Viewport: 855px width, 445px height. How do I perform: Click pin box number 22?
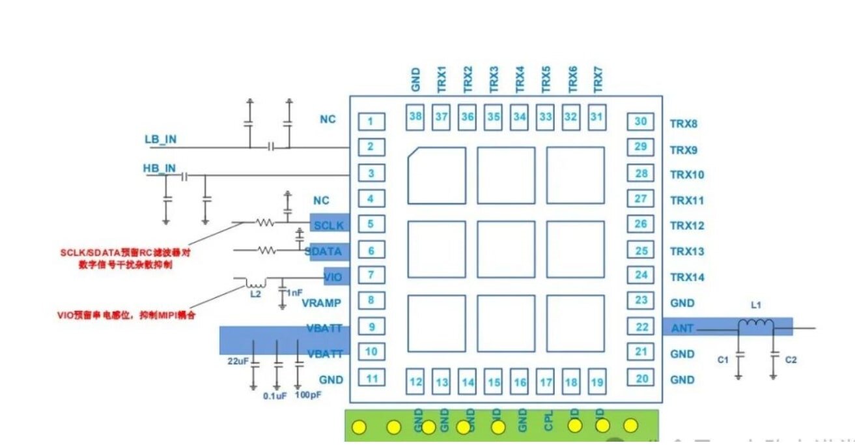pyautogui.click(x=641, y=327)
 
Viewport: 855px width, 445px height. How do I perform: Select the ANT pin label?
pyautogui.click(x=680, y=328)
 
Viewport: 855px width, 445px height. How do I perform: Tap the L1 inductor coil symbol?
pyautogui.click(x=755, y=324)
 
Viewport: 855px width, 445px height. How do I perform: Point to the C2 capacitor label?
pyautogui.click(x=791, y=359)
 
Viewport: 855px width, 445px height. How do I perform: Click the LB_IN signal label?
pyautogui.click(x=160, y=139)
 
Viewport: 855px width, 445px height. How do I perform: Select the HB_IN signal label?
pyautogui.click(x=160, y=168)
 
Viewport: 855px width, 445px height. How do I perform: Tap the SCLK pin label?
pyautogui.click(x=327, y=225)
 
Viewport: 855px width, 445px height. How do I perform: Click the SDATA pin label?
pyautogui.click(x=324, y=251)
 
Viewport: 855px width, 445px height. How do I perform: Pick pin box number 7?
pyautogui.click(x=371, y=276)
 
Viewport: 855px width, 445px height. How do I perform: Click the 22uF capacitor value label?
pyautogui.click(x=238, y=361)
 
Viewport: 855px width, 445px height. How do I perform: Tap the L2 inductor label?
pyautogui.click(x=255, y=294)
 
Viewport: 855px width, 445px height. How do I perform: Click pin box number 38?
pyautogui.click(x=415, y=117)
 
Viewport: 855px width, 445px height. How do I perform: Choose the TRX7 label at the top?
pyautogui.click(x=598, y=78)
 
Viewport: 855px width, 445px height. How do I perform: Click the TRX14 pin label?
pyautogui.click(x=687, y=278)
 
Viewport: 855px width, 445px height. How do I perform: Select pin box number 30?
pyautogui.click(x=641, y=122)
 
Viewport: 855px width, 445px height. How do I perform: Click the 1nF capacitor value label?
pyautogui.click(x=294, y=293)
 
